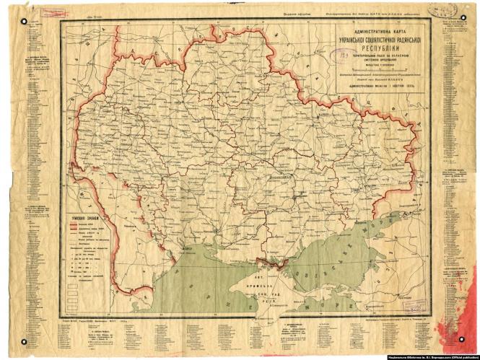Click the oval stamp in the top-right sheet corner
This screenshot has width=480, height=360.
pyautogui.click(x=440, y=9)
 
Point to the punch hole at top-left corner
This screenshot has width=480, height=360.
pyautogui.click(x=23, y=19)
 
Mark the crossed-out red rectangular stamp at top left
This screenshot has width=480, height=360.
pyautogui.click(x=51, y=12)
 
